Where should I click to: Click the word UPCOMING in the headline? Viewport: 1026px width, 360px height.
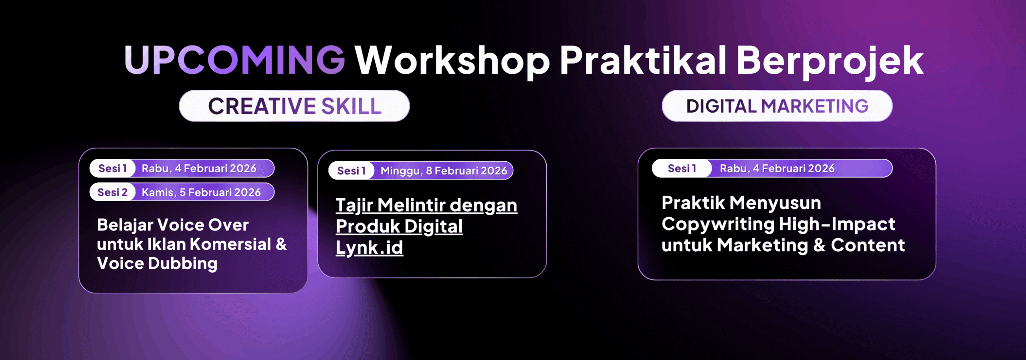(235, 60)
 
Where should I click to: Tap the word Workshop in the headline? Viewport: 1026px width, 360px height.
(452, 60)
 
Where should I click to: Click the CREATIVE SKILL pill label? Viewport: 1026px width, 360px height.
(295, 106)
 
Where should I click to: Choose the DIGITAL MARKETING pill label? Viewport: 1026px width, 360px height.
(777, 106)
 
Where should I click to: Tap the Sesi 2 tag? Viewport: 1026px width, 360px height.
(113, 192)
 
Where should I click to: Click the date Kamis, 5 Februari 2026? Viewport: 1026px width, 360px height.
(201, 192)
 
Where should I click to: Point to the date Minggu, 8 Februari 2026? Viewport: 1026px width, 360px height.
(444, 171)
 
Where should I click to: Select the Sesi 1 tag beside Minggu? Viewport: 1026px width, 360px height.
(351, 171)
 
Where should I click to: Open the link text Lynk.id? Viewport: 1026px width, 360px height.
(370, 247)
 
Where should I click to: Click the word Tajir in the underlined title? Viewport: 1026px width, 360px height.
(355, 205)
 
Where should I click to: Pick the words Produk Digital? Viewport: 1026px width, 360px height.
(399, 227)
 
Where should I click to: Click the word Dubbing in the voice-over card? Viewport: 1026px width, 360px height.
(183, 264)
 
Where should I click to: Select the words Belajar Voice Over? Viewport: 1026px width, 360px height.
(173, 225)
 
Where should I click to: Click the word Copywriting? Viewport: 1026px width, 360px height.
(718, 224)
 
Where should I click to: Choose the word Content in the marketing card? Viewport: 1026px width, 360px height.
(868, 245)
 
